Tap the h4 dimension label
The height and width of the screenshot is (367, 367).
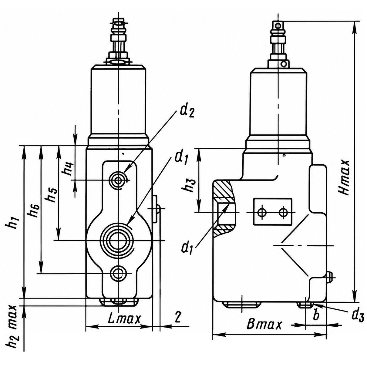68,169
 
